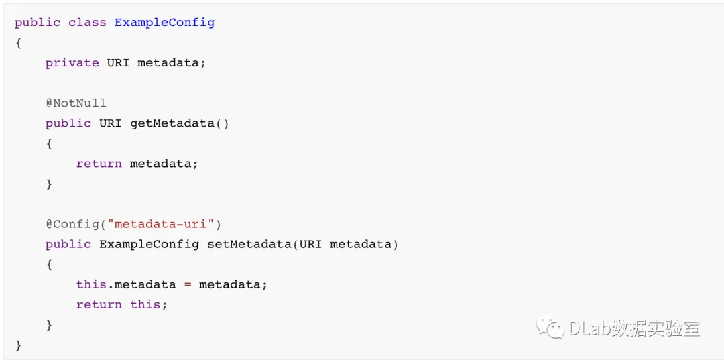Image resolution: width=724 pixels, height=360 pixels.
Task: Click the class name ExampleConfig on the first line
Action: pyautogui.click(x=164, y=22)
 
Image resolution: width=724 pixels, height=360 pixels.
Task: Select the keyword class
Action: pyautogui.click(x=87, y=22)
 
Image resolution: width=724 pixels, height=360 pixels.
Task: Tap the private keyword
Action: pyautogui.click(x=72, y=62)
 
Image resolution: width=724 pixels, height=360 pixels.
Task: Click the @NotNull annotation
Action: pyautogui.click(x=76, y=103)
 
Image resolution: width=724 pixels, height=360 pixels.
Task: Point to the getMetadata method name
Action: pyautogui.click(x=172, y=123)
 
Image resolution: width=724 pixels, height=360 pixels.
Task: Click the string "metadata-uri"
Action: pyautogui.click(x=164, y=224)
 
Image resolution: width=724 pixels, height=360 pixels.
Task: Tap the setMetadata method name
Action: pyautogui.click(x=249, y=244)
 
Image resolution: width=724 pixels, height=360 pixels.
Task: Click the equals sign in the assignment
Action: pyautogui.click(x=188, y=284)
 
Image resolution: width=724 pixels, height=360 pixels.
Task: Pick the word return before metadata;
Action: pyautogui.click(x=99, y=164)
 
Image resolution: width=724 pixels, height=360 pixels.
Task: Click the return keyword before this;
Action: pyautogui.click(x=99, y=304)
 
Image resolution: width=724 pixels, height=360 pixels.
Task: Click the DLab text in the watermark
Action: pyautogui.click(x=589, y=328)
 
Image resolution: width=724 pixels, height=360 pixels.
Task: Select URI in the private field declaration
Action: pyautogui.click(x=118, y=62)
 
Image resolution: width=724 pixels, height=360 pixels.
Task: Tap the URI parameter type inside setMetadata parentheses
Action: pyautogui.click(x=310, y=244)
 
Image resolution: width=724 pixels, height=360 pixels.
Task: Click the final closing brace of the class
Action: pyautogui.click(x=19, y=345)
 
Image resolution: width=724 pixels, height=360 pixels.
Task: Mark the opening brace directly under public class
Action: pyautogui.click(x=19, y=42)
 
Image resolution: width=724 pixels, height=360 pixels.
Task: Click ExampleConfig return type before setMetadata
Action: pyautogui.click(x=149, y=244)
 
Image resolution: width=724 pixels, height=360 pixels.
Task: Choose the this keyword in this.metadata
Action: pyautogui.click(x=91, y=284)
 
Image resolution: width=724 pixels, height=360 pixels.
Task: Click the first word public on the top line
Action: pyautogui.click(x=38, y=22)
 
